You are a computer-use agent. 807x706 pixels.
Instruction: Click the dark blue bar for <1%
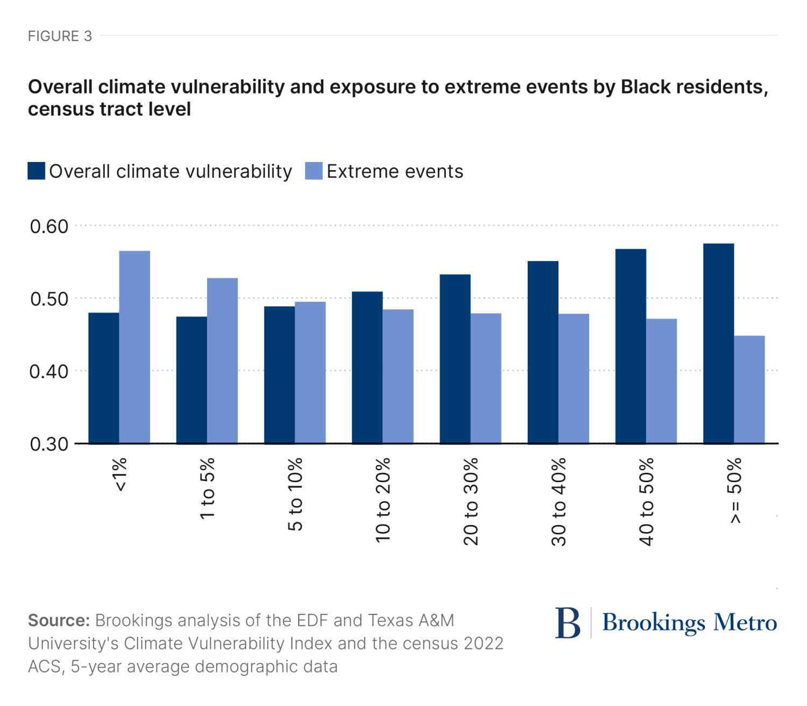point(104,378)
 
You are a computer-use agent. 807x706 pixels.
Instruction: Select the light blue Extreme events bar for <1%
point(134,347)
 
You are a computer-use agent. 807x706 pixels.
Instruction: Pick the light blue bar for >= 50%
point(749,390)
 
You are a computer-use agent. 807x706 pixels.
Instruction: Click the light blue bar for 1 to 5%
point(222,361)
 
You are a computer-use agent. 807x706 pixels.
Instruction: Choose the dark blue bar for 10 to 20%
point(367,368)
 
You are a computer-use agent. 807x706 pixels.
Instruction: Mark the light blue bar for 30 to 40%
point(574,378)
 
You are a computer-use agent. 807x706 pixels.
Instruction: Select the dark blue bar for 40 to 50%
point(631,346)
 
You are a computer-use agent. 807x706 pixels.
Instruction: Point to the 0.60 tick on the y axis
point(49,227)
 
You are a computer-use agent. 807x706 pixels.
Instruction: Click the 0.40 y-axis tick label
point(49,371)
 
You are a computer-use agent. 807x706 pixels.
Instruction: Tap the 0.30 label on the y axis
point(49,444)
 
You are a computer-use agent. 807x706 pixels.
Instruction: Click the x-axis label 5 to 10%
point(295,494)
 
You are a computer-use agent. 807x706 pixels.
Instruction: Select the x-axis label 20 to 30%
point(471,501)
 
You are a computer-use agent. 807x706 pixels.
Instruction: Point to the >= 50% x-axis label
point(735,490)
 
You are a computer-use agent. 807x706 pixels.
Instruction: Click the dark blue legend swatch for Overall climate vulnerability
point(36,171)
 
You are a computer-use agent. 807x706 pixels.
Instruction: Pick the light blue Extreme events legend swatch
point(314,171)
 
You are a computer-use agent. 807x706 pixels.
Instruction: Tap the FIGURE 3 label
point(60,36)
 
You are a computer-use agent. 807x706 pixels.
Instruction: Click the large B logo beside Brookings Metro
point(568,623)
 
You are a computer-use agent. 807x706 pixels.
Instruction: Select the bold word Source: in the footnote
point(59,620)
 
